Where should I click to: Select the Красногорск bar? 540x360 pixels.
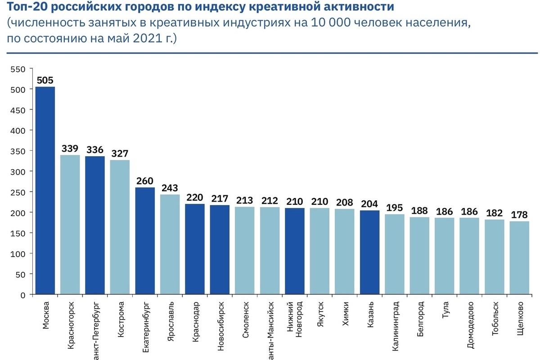70,225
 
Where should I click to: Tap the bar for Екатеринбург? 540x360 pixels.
145,241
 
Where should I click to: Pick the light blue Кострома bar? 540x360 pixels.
120,227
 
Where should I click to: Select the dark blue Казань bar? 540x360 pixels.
369,252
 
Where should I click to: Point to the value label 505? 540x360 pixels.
45,80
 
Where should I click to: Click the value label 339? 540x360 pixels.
70,148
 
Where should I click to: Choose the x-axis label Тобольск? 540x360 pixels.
495,320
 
